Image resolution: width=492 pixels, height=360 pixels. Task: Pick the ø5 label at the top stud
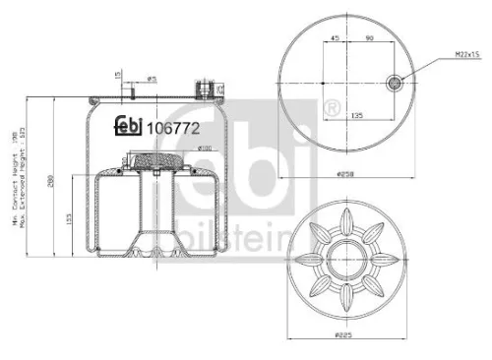(152, 79)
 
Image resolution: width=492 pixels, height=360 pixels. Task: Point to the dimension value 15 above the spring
(117, 74)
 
